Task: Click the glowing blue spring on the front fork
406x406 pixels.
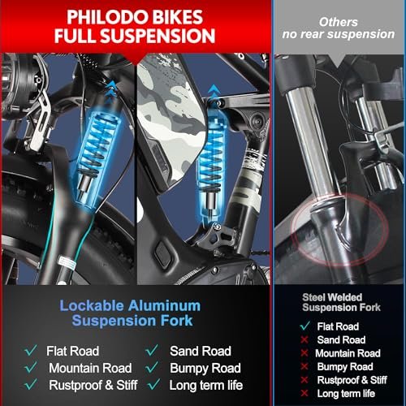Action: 96,150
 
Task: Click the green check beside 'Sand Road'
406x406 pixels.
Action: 152,351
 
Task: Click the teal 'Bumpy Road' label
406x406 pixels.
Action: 205,368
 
